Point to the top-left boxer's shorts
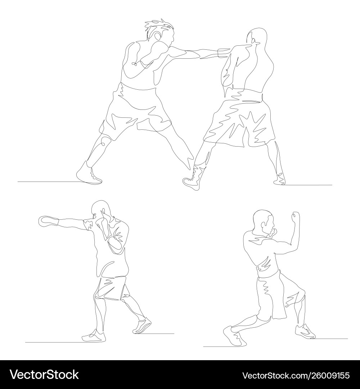[137, 108]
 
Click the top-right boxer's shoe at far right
[280, 178]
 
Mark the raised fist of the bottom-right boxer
[296, 218]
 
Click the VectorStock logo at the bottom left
[44, 375]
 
